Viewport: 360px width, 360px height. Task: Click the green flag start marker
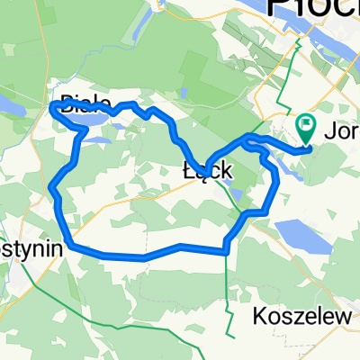pos(306,128)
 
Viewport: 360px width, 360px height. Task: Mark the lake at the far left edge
pos(11,109)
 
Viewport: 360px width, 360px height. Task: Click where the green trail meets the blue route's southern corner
pos(225,251)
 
